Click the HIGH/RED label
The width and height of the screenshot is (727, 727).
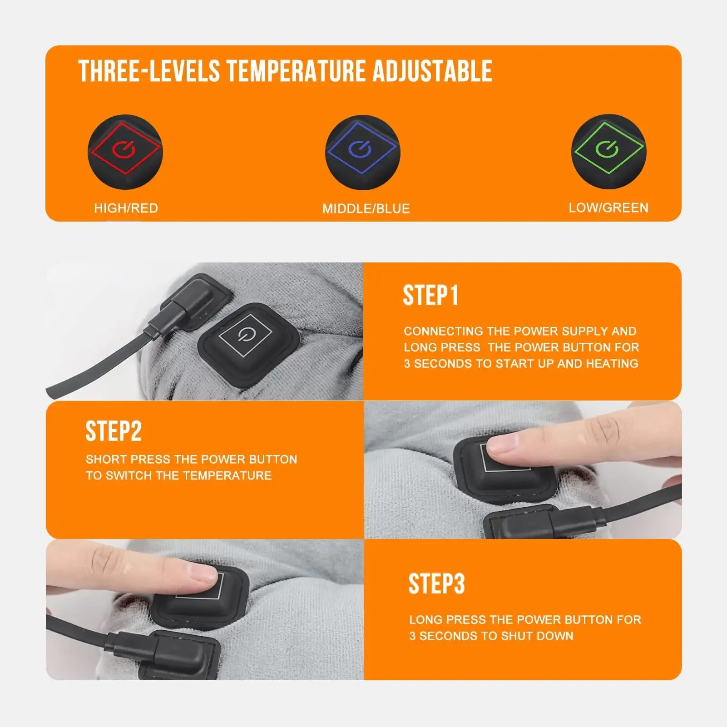coord(126,208)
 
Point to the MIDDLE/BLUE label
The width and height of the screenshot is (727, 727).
coord(366,209)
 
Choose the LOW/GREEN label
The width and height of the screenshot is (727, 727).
coord(608,208)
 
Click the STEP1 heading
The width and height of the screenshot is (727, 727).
coord(430,296)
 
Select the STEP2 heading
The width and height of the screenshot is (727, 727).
coord(114,431)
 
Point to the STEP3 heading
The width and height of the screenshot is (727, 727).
coord(436,584)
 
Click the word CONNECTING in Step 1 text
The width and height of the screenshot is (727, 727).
coord(443,331)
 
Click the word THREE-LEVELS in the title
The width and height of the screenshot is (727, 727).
coord(149,72)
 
